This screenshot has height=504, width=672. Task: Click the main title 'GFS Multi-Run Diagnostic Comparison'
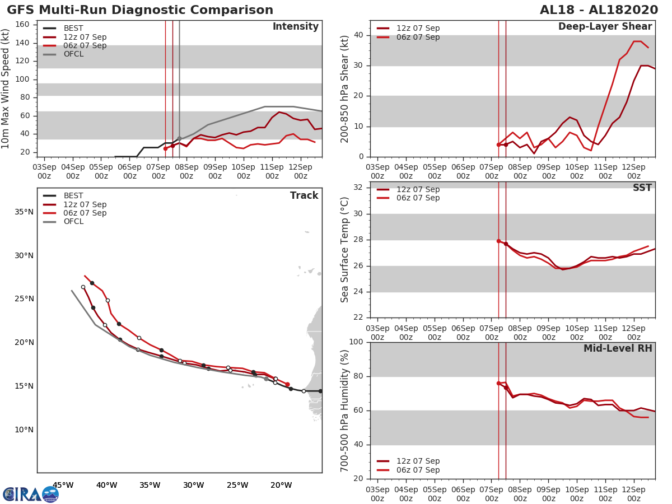click(x=140, y=10)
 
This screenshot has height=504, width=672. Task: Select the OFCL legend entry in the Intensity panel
click(x=73, y=54)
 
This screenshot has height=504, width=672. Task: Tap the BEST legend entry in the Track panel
click(x=73, y=196)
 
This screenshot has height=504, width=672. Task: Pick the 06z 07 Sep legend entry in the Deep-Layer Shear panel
click(x=418, y=38)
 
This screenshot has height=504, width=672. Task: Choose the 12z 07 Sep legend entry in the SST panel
click(x=418, y=189)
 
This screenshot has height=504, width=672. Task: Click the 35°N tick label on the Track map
click(x=24, y=212)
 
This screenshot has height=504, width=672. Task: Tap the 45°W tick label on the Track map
click(x=63, y=485)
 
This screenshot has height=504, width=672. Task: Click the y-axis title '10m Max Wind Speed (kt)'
click(x=6, y=88)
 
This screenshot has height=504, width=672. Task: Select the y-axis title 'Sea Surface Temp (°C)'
click(x=345, y=250)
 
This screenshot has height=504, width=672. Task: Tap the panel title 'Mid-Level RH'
click(x=618, y=348)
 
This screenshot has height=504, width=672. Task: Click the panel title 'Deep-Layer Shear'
click(x=605, y=27)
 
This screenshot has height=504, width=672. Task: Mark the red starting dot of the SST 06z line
click(x=498, y=241)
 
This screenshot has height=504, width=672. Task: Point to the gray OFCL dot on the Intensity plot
click(x=179, y=138)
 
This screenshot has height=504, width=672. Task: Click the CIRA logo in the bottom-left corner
click(x=31, y=494)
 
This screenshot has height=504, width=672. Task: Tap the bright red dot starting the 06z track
click(x=287, y=385)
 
